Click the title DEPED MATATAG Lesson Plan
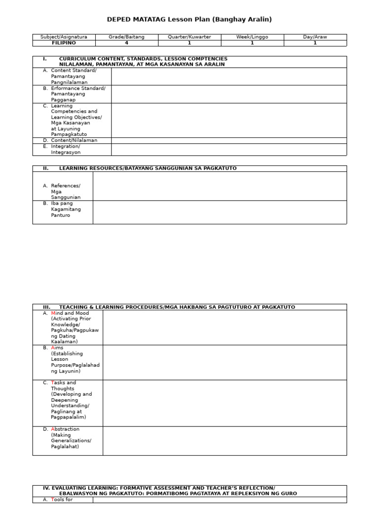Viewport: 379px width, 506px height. (x=189, y=20)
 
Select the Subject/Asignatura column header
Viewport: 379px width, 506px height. (x=64, y=37)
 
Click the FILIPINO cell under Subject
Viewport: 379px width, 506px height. (x=64, y=43)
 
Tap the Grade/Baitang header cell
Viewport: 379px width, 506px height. (x=126, y=37)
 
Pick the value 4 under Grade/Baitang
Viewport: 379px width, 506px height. (x=126, y=43)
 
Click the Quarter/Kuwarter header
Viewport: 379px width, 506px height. (x=189, y=37)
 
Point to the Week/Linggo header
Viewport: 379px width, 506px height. (x=252, y=37)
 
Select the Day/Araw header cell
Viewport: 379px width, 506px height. (x=315, y=37)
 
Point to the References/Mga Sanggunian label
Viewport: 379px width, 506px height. (x=65, y=191)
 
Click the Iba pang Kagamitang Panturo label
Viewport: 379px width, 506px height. (x=65, y=210)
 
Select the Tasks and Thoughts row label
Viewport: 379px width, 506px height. (x=71, y=400)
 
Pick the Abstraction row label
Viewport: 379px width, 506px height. (x=71, y=438)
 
